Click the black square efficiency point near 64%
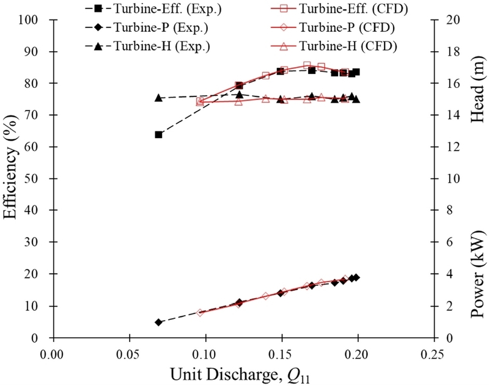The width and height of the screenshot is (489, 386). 158,134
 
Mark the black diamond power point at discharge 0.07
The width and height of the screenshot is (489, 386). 158,322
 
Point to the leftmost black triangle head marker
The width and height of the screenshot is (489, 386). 158,98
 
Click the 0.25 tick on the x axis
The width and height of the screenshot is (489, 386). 433,353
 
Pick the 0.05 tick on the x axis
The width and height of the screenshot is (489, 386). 129,353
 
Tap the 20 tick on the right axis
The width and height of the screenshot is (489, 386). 446,20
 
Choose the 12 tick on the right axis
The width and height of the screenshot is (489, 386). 446,147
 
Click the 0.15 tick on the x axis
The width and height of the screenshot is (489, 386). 281,353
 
